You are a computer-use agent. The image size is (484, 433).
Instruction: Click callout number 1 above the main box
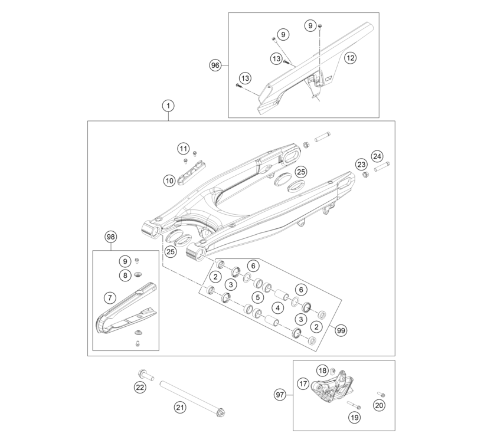pos(168,106)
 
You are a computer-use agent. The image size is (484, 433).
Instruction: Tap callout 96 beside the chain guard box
pos(215,65)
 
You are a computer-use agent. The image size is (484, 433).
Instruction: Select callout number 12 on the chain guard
pos(350,58)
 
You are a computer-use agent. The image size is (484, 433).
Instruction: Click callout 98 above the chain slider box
pos(110,237)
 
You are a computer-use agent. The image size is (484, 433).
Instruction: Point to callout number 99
pos(341,330)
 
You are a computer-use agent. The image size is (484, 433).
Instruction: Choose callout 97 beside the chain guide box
pos(280,395)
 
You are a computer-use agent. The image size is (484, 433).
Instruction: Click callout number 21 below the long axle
pos(179,408)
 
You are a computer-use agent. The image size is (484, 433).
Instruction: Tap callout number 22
pos(140,387)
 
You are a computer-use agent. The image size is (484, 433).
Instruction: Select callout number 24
pos(377,156)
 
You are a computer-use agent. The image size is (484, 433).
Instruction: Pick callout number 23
pos(361,165)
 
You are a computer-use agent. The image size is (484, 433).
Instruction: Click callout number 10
pos(169,181)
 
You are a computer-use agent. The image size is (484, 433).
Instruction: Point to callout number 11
pos(184,149)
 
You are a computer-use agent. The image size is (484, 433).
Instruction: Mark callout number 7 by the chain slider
pos(110,298)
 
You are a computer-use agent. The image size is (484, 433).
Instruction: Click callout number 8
pos(125,275)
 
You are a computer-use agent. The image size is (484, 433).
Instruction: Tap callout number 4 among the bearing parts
pos(278,307)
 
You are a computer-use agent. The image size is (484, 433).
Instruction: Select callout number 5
pos(258,297)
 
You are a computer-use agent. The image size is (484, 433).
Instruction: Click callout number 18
pos(322,370)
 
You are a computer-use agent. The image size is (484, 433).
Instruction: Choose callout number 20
pos(379,405)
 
